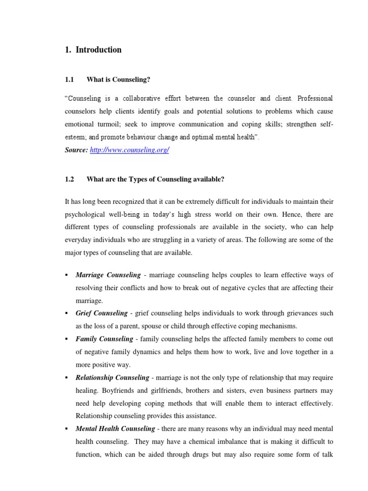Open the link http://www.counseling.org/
point(129,150)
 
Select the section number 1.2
point(69,179)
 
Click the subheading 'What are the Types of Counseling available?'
point(155,179)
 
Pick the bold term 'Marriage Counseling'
point(108,275)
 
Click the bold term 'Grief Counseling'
point(101,313)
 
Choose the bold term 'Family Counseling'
point(104,339)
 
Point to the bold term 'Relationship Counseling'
point(115,377)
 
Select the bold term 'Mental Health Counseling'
point(115,428)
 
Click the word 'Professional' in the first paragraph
point(315,98)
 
